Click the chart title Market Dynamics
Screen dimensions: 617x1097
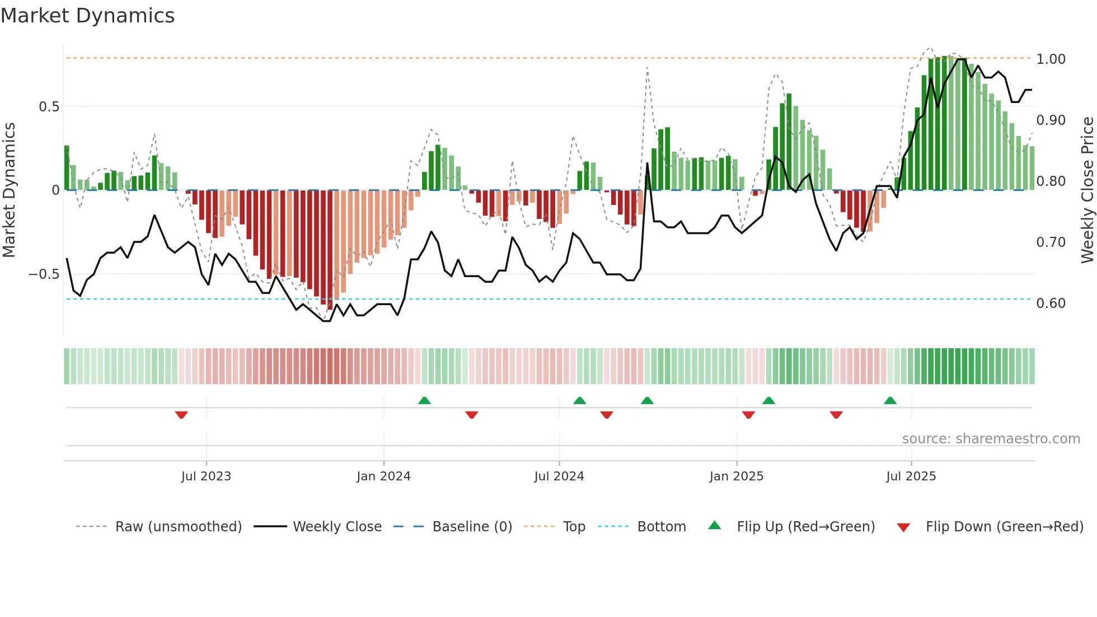click(x=88, y=16)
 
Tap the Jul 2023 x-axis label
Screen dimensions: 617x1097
click(x=206, y=476)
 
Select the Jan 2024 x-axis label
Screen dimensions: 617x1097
click(x=383, y=476)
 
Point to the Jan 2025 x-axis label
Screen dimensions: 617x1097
click(x=736, y=476)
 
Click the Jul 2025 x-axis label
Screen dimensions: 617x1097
click(x=911, y=476)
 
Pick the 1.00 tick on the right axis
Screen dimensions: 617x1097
click(x=1051, y=59)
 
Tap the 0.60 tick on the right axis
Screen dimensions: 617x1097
click(x=1051, y=303)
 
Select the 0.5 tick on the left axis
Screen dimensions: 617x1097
click(x=49, y=107)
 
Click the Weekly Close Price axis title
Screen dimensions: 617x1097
click(x=1087, y=190)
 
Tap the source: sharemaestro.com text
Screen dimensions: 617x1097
click(x=991, y=439)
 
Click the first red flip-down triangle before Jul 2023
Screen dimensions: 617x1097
click(x=181, y=415)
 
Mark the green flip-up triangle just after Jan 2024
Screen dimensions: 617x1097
click(x=424, y=400)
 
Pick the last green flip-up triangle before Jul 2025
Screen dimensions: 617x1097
click(x=890, y=400)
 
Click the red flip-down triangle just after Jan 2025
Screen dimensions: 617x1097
click(x=748, y=415)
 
